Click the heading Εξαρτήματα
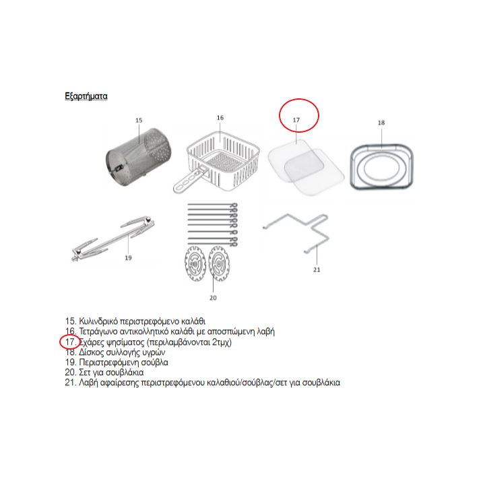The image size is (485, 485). tap(86, 96)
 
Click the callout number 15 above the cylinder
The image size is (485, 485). tap(139, 120)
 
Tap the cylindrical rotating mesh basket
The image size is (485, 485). tap(138, 158)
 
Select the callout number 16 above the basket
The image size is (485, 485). tap(220, 117)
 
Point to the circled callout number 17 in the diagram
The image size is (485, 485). tap(296, 120)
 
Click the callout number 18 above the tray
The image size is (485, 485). tap(381, 123)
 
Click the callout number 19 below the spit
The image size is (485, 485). tap(128, 257)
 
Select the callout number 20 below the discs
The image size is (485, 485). tap(213, 298)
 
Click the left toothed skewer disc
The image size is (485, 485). tap(195, 264)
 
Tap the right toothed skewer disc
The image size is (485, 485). tap(219, 263)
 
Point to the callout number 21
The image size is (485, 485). tap(317, 269)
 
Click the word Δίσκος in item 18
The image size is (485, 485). tap(91, 352)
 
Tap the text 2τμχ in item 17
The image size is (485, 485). tap(220, 342)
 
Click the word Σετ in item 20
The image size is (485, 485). tap(85, 372)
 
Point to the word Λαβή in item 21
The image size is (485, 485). tap(88, 383)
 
